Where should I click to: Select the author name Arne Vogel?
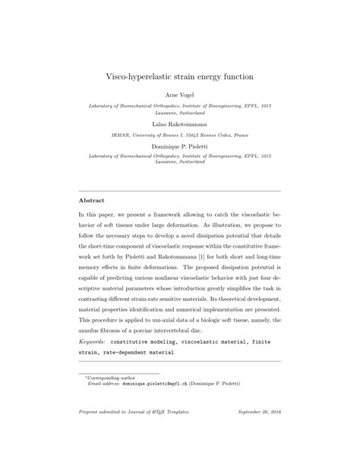[180, 97]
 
